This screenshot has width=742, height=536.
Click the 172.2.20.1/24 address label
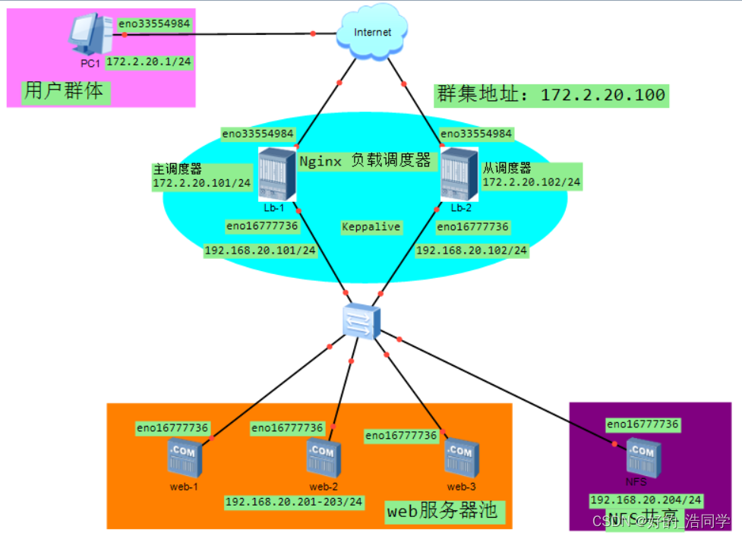pos(148,62)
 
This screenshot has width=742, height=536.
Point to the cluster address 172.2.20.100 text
pos(552,95)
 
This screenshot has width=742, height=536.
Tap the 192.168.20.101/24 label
pos(260,251)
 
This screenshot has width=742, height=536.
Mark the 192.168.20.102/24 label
pos(472,251)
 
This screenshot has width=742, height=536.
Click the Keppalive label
pos(371,227)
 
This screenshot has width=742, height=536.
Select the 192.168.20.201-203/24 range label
pos(295,502)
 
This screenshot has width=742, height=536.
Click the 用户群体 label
pos(65,93)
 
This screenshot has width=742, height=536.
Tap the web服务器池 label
pos(442,511)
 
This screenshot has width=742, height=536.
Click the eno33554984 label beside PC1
pos(154,24)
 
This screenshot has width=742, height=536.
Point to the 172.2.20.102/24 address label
pos(532,182)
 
